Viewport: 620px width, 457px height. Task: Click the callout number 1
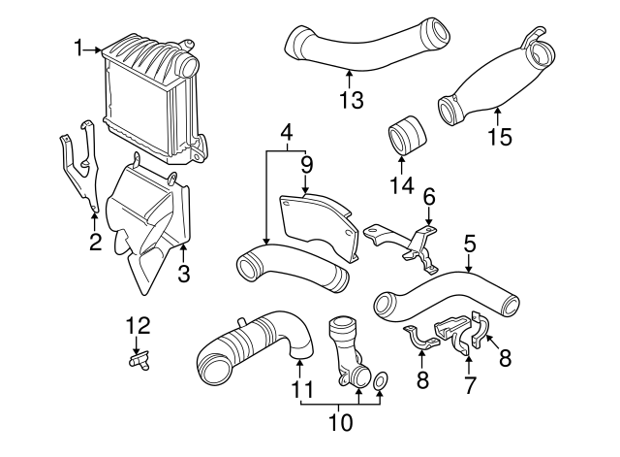click(80, 46)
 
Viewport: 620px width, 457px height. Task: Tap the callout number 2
click(94, 242)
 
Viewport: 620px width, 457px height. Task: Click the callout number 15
click(500, 138)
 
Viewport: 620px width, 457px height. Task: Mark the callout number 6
click(428, 196)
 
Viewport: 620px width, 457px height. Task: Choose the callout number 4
click(287, 131)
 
